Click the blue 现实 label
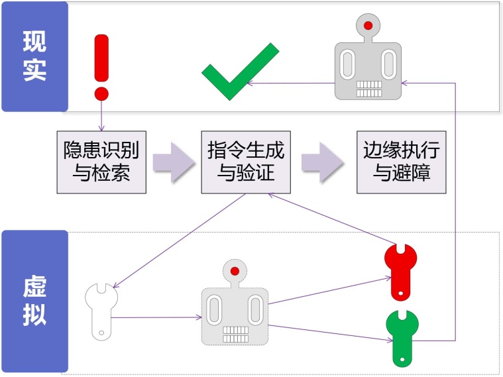(x=34, y=56)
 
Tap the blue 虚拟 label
(x=34, y=301)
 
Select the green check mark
(x=239, y=71)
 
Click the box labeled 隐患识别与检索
(x=101, y=162)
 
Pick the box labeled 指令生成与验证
(x=246, y=162)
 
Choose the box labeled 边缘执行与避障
(x=402, y=162)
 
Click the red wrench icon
(x=400, y=270)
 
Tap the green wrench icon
(x=400, y=337)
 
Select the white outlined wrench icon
(x=101, y=310)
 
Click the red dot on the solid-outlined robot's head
(x=368, y=27)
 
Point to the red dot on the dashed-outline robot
(x=235, y=271)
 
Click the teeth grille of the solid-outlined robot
(x=368, y=89)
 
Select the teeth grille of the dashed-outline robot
(x=235, y=334)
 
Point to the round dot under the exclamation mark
(x=101, y=92)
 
